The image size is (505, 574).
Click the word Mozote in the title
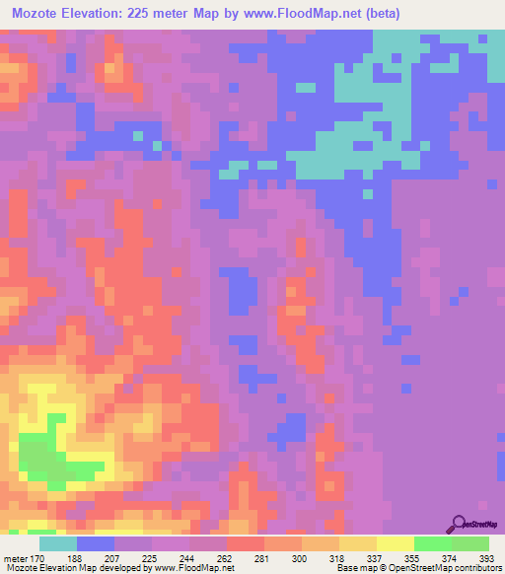(41, 13)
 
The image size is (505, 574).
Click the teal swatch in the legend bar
(58, 543)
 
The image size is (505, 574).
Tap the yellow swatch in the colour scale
(395, 543)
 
